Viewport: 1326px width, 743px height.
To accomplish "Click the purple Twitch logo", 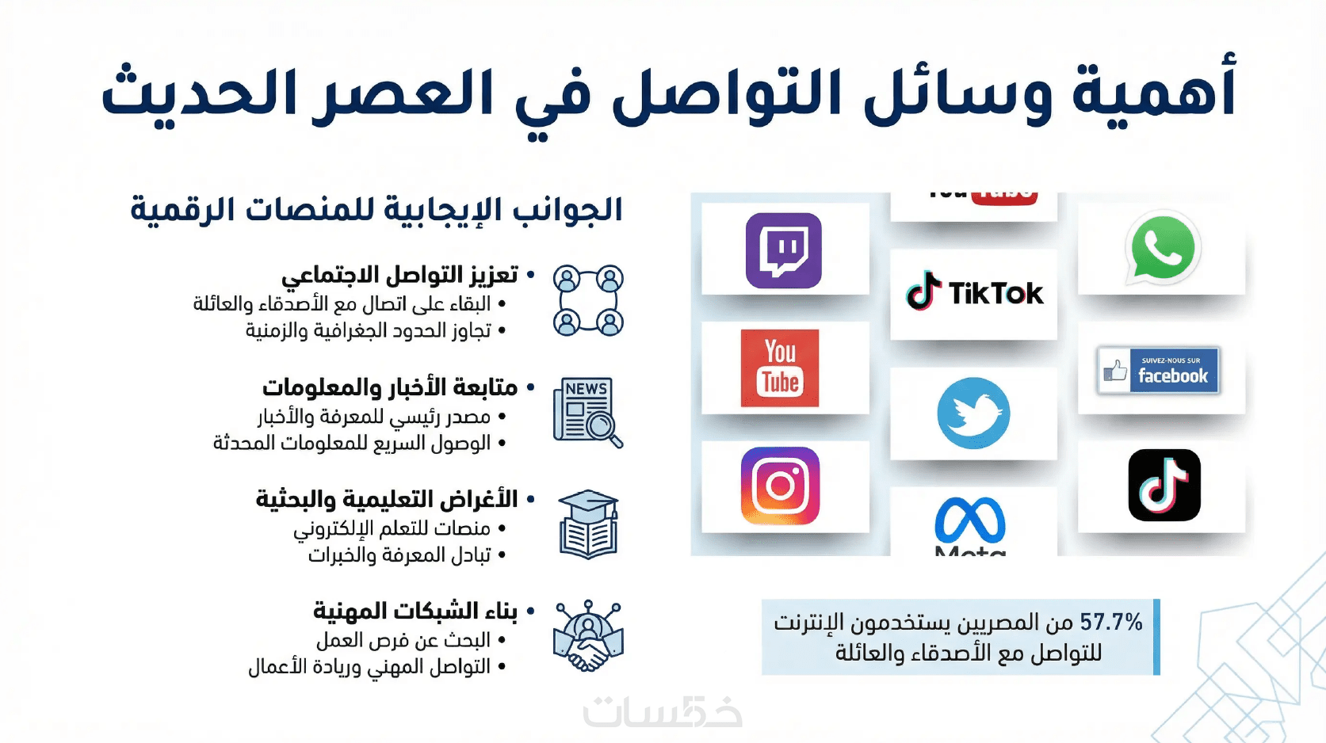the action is coord(783,250).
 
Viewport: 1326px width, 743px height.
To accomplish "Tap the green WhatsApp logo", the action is coord(1163,249).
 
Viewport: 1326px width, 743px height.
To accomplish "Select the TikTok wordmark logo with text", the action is coord(974,291).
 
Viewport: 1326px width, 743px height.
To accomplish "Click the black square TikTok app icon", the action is coord(1164,485).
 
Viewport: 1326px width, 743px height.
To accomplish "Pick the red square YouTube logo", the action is coord(780,368).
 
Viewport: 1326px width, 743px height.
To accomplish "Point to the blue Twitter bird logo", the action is coord(973,413).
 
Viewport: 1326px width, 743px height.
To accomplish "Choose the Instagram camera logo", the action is coord(780,486).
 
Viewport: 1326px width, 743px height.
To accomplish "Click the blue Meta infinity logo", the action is coord(970,520).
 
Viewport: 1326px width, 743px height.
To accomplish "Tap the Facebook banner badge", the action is coord(1158,371).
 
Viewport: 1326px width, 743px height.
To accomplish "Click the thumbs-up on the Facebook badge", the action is coord(1115,371).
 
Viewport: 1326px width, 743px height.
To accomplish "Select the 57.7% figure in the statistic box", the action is coord(1111,623).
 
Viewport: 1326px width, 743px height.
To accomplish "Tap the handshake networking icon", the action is coord(588,636).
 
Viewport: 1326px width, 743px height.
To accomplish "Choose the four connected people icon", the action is coord(588,300).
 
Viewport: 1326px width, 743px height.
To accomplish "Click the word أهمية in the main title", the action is coord(1153,90).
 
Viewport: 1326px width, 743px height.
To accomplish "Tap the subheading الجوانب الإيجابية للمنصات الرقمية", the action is coord(376,210).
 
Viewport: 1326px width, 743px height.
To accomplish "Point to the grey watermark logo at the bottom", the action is coord(663,711).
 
